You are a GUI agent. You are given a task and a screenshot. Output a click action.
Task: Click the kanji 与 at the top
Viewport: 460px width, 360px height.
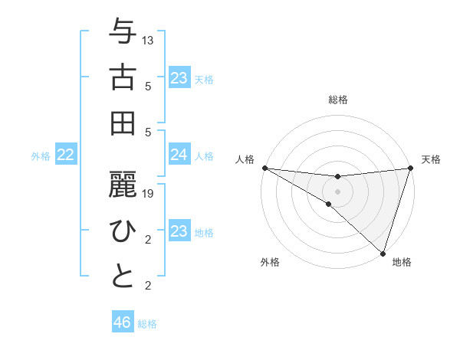(x=123, y=33)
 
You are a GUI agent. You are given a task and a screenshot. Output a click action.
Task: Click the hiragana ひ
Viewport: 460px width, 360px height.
(x=123, y=231)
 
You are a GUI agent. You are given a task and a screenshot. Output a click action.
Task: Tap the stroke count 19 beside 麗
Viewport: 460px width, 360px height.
(x=149, y=195)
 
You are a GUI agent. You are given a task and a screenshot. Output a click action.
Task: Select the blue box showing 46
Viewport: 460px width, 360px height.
(x=123, y=322)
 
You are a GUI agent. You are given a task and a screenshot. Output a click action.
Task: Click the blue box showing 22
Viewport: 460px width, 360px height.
(x=66, y=155)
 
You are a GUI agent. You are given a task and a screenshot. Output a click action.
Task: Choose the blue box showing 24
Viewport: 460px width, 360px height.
(x=179, y=155)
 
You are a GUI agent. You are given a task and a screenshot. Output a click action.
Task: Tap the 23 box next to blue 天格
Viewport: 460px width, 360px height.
(x=179, y=77)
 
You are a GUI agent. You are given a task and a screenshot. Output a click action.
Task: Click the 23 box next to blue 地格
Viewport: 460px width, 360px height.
(x=179, y=231)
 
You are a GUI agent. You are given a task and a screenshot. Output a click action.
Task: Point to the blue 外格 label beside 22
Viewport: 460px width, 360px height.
(x=41, y=155)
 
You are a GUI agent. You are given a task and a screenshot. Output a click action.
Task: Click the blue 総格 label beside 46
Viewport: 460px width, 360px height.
(x=147, y=323)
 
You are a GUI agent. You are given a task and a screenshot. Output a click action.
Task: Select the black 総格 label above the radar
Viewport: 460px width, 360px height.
(x=338, y=100)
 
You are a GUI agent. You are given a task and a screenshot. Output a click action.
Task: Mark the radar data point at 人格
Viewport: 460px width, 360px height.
(x=264, y=168)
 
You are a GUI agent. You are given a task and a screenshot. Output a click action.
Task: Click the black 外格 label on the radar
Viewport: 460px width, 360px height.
(x=270, y=263)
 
